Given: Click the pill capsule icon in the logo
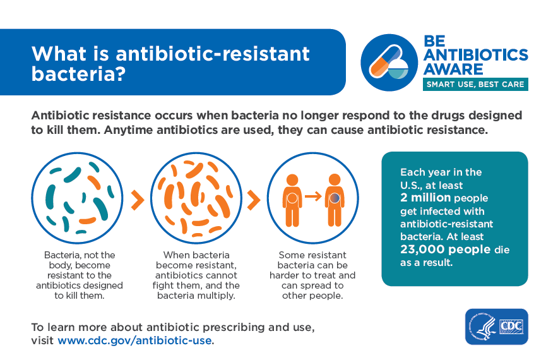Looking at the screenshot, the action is (384, 61).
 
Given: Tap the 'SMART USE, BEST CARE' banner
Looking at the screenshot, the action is (475, 85).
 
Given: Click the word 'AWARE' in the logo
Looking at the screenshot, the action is (453, 69).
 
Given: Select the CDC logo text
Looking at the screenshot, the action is (511, 326).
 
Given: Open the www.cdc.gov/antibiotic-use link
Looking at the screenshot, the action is (135, 340).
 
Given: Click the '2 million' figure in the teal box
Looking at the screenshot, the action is (425, 198).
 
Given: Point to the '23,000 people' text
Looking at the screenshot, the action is (445, 249).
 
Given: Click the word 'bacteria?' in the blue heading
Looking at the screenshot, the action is (79, 74).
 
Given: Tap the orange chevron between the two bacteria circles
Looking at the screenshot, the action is (138, 200).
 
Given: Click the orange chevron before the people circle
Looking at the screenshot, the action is (253, 200).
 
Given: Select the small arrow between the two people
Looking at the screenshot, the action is (313, 196).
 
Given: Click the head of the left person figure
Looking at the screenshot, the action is (292, 180).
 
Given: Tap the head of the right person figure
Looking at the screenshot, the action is (335, 180).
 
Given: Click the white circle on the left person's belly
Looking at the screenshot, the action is (292, 198).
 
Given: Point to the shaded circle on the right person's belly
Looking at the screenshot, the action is (335, 198).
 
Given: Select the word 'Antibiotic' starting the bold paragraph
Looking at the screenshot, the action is (55, 116).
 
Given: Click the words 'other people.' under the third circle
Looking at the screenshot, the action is (312, 296).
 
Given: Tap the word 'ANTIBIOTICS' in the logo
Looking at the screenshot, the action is (476, 54).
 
